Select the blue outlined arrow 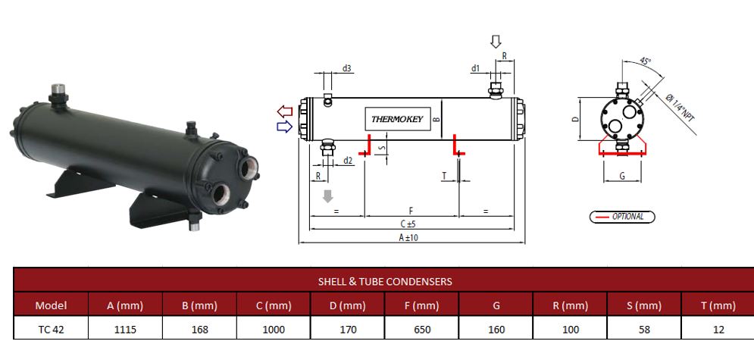coord(285,127)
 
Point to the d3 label coord(346,68)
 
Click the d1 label coord(475,68)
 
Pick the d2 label coord(347,160)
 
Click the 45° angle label coord(644,61)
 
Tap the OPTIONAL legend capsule coord(622,217)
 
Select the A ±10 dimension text coord(409,237)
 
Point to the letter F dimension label coord(411,209)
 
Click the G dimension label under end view coord(621,176)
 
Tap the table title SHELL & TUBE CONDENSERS coord(385,281)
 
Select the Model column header coord(51,306)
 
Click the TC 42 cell coord(51,330)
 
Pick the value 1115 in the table coord(126,330)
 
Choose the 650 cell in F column coord(422,330)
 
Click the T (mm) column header coord(718,306)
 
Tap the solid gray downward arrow coord(327,196)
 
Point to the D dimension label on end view coord(575,119)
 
